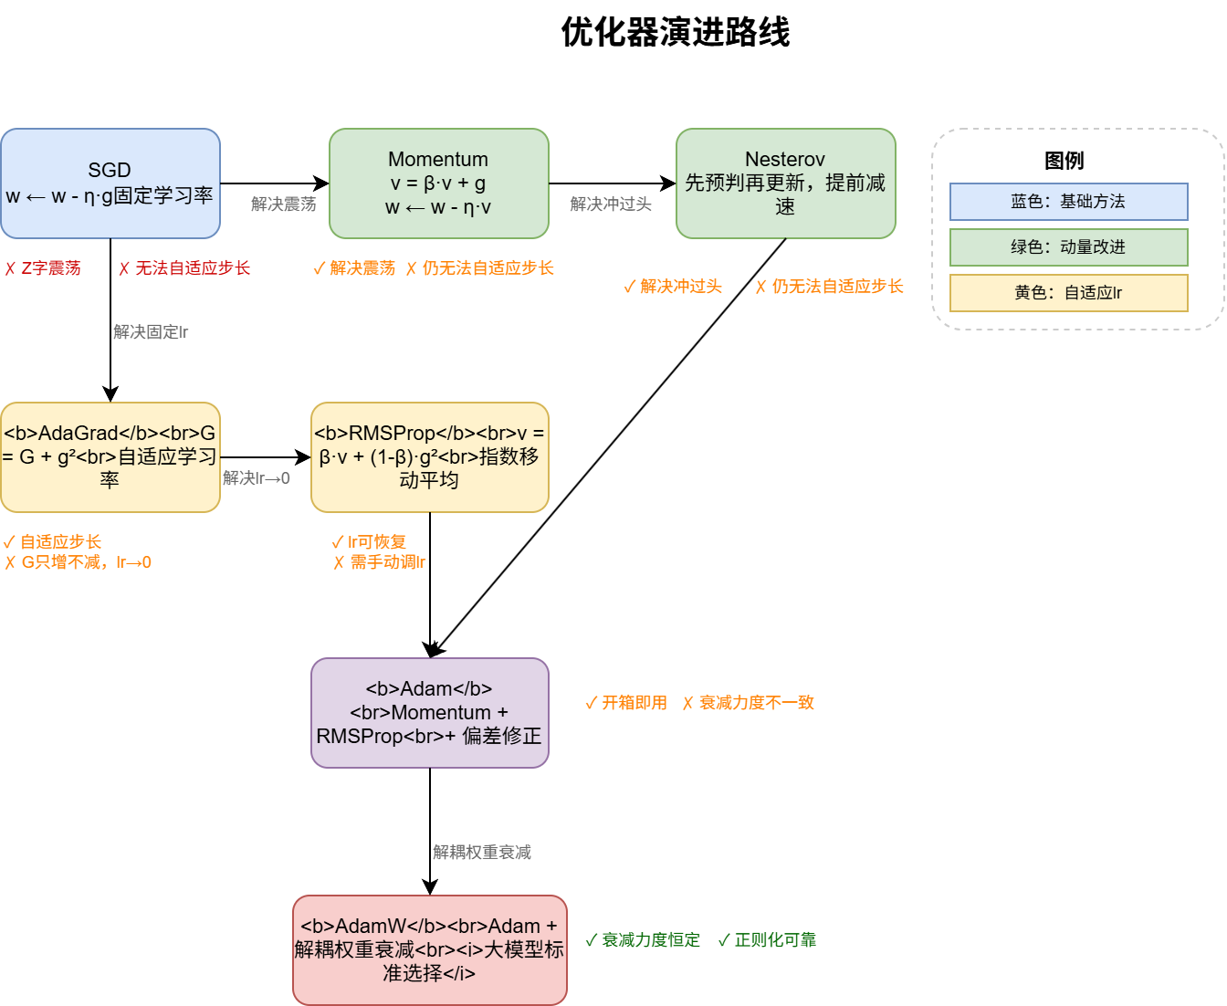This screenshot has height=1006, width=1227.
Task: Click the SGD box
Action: [x=110, y=183]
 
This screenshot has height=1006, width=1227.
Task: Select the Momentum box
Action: [x=438, y=183]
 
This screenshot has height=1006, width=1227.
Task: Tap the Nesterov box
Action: [x=785, y=183]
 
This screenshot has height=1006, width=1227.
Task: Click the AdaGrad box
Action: [x=110, y=456]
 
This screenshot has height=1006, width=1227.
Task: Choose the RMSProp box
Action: [x=429, y=456]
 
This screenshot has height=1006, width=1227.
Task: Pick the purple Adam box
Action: [x=429, y=712]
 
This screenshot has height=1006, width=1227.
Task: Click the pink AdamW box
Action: [x=429, y=949]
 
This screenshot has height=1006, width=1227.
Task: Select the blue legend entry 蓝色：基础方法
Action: [x=1068, y=202]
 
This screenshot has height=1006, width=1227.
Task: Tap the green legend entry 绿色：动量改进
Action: [x=1068, y=247]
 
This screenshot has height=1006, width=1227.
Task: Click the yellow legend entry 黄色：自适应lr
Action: [x=1068, y=293]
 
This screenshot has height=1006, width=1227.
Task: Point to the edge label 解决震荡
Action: [x=284, y=204]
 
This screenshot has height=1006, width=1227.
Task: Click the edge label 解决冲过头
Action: [x=612, y=204]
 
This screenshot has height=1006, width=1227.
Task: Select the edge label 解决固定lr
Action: [x=152, y=332]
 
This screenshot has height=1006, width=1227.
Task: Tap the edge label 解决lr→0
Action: [x=257, y=478]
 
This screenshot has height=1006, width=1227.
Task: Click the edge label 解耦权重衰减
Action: [x=483, y=853]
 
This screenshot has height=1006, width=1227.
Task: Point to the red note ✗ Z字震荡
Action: [x=43, y=268]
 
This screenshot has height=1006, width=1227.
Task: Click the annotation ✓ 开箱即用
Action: [x=626, y=703]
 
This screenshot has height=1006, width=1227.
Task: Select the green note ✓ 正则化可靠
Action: [x=767, y=940]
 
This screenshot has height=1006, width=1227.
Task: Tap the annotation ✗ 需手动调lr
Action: [x=380, y=562]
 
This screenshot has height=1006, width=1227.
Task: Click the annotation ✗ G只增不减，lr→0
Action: [x=79, y=562]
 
